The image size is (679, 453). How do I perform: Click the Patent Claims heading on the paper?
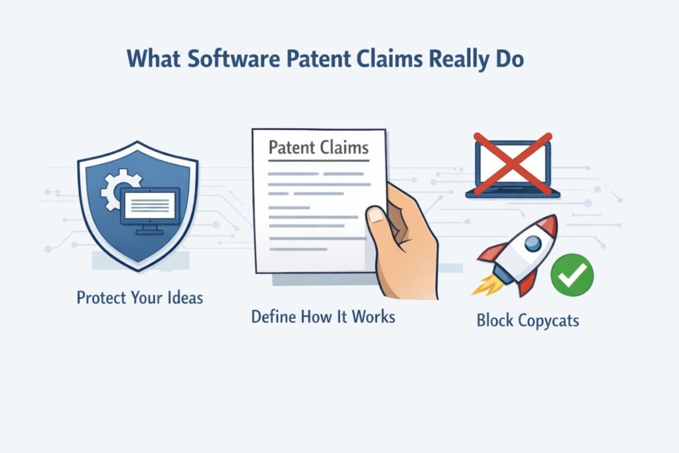pos(318,147)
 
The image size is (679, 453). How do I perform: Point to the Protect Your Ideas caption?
pos(139,296)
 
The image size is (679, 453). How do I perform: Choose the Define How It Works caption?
pos(323,316)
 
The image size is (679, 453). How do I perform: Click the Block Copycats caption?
pos(528,321)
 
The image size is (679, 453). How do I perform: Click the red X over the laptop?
pos(512,162)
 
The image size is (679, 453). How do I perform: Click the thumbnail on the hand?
pos(377,214)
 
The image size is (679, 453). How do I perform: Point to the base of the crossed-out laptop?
pos(512,194)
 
